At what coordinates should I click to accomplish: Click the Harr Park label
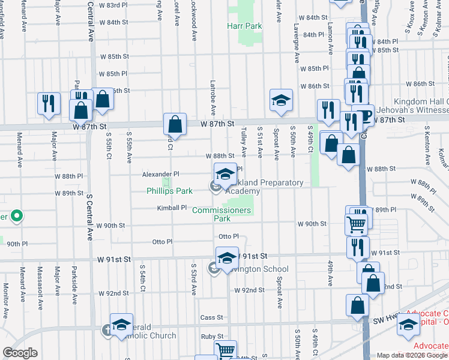tap(244, 26)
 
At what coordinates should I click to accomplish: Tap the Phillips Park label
tap(170, 191)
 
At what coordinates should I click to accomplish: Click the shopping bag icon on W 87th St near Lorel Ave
tap(175, 125)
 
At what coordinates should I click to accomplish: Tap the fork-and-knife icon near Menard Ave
tap(49, 103)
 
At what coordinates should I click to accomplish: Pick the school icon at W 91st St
tap(227, 258)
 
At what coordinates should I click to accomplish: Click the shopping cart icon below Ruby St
tap(225, 350)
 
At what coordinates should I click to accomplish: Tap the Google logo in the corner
tap(20, 353)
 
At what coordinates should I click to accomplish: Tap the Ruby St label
tap(211, 337)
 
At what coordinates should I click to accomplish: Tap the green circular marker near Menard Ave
tap(17, 215)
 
